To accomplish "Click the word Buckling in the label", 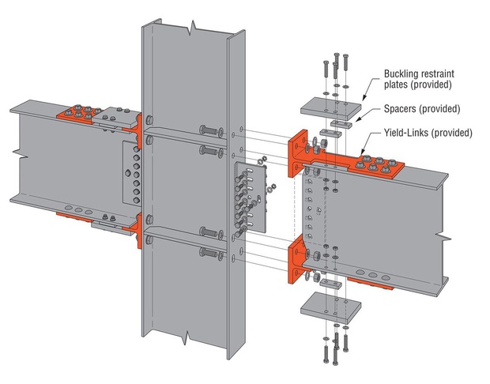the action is point(401,74).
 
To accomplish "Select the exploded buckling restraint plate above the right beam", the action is point(330,109).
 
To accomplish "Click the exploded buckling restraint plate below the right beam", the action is point(330,308).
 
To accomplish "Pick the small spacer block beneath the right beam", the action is point(331,284).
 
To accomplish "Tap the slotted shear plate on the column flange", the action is point(251,197).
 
